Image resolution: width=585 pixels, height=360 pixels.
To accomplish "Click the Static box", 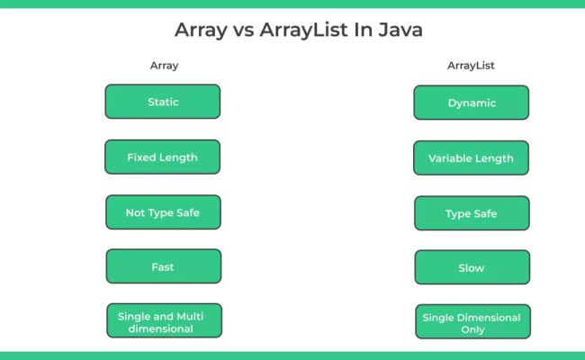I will click(x=163, y=102).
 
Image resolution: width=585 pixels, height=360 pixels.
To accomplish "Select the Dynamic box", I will click(x=472, y=103).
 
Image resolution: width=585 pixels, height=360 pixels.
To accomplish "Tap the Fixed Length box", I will click(x=162, y=157).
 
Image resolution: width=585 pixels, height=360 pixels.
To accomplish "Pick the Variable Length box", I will click(x=471, y=158).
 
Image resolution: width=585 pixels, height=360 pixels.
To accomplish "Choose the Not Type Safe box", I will click(x=163, y=212).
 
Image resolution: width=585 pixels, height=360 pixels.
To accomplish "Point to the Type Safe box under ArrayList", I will click(x=472, y=213).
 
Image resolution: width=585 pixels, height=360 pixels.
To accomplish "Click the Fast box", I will click(x=163, y=266).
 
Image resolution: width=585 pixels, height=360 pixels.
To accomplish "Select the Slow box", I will click(x=472, y=267).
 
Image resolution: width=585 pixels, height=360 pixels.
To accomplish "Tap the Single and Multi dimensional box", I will click(x=163, y=321).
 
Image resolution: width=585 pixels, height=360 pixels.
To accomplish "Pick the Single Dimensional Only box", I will click(x=472, y=323).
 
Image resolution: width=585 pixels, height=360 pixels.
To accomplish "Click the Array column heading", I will click(x=163, y=65).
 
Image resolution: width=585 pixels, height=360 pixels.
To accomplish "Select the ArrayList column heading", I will click(x=472, y=65).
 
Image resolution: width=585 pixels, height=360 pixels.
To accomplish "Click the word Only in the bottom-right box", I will click(x=472, y=329).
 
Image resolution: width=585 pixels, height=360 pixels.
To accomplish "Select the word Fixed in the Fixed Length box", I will click(x=141, y=157).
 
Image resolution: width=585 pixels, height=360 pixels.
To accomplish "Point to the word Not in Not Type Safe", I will click(x=137, y=212).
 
